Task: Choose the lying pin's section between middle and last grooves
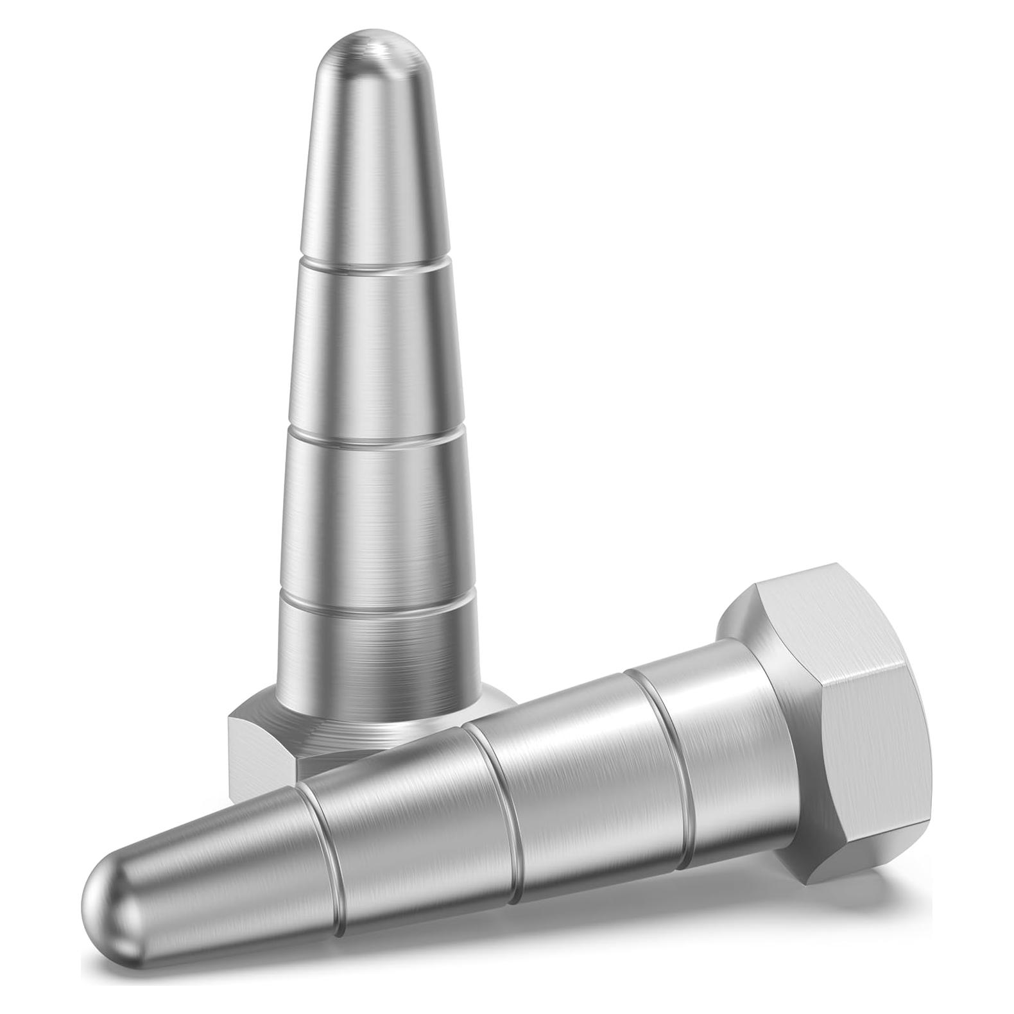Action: click(578, 770)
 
